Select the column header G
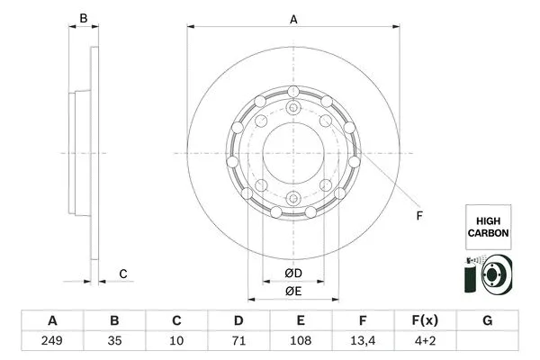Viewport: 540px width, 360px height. (487, 321)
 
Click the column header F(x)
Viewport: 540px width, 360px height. (424, 321)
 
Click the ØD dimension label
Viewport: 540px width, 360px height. (293, 272)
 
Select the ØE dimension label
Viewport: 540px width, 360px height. (293, 291)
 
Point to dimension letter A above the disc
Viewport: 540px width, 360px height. (293, 19)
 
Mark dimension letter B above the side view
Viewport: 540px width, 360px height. (83, 19)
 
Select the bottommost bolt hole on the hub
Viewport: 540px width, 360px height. (293, 200)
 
